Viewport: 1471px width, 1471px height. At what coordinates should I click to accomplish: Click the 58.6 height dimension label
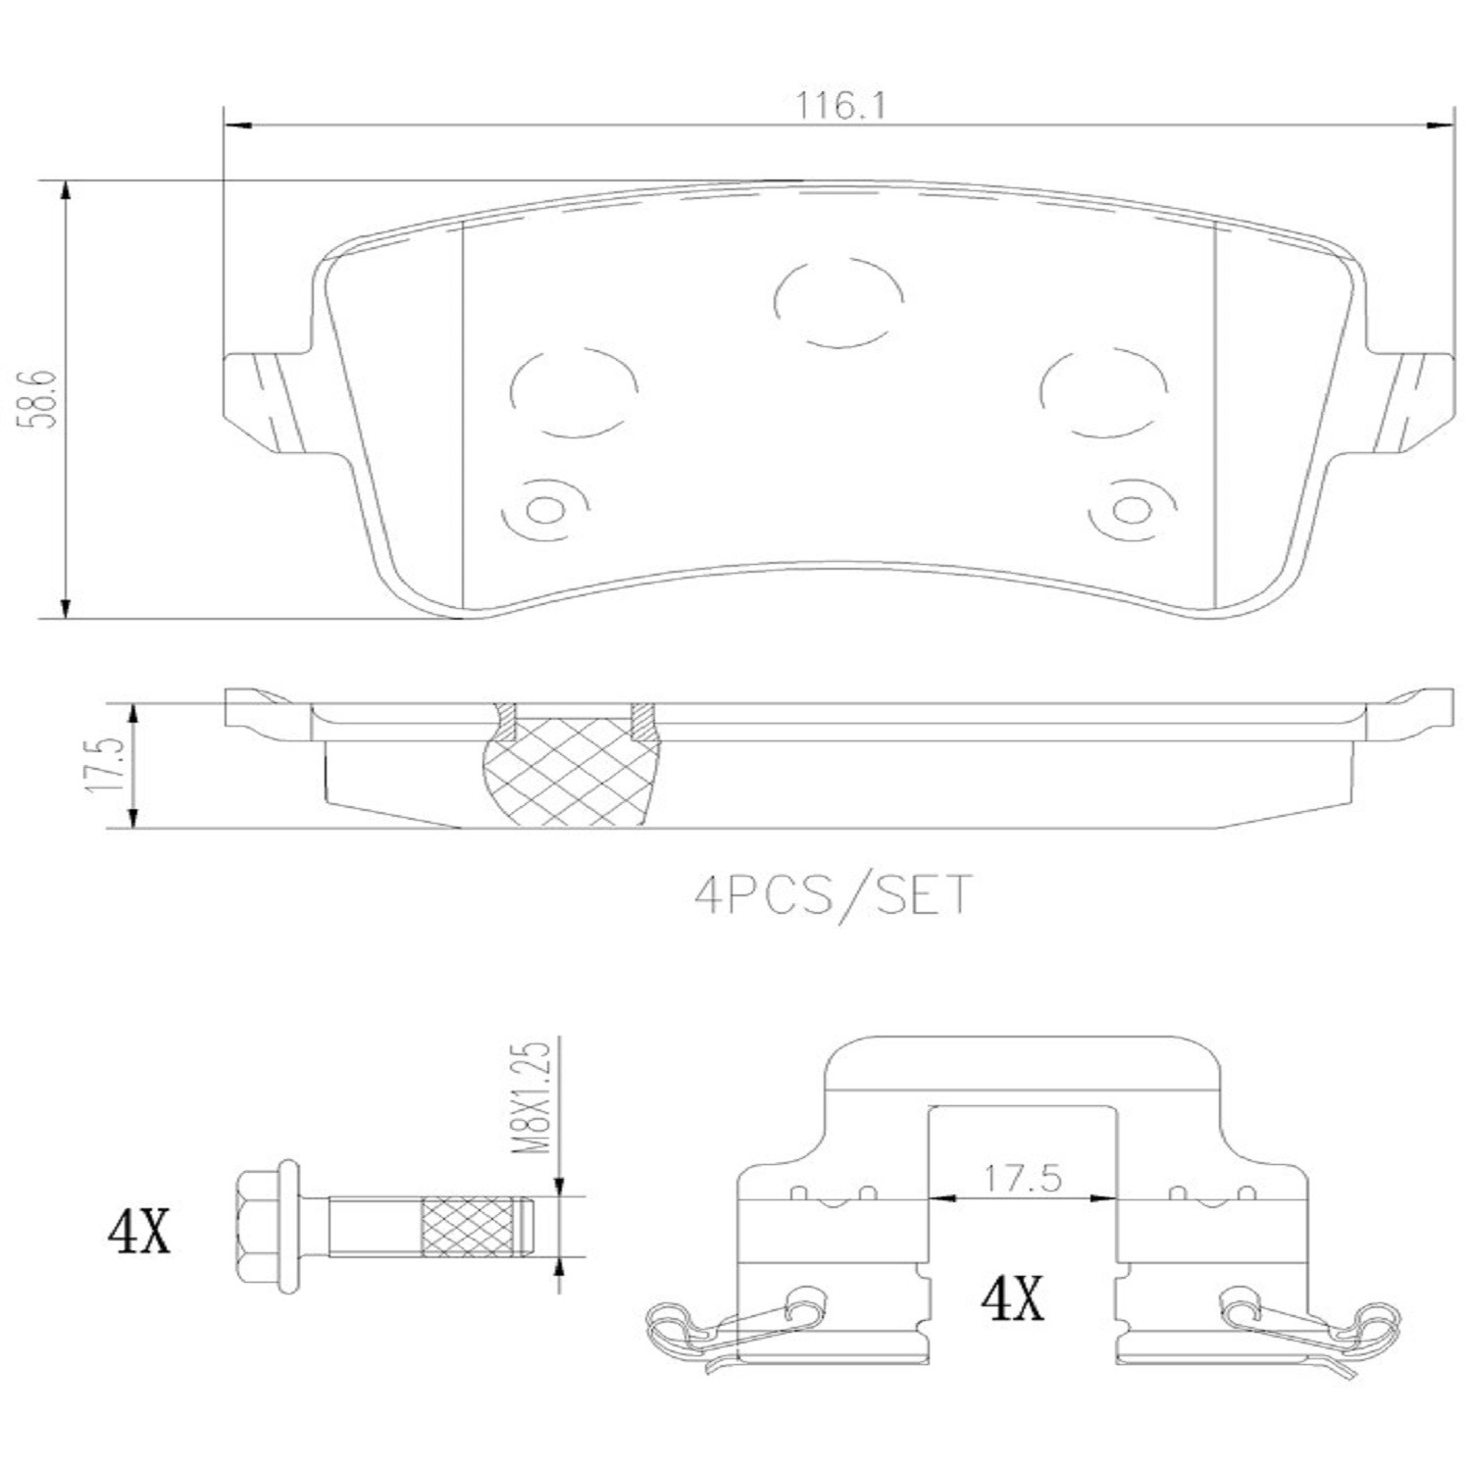(x=45, y=400)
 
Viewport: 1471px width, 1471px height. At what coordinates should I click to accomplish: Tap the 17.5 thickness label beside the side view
(x=109, y=765)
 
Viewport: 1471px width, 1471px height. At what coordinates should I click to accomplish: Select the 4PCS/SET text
(x=834, y=894)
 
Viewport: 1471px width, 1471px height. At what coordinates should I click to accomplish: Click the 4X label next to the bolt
(x=138, y=1232)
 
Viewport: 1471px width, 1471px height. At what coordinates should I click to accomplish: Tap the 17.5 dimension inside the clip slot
(x=1024, y=1178)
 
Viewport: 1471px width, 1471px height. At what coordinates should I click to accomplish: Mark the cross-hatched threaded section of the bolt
(x=470, y=1228)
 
